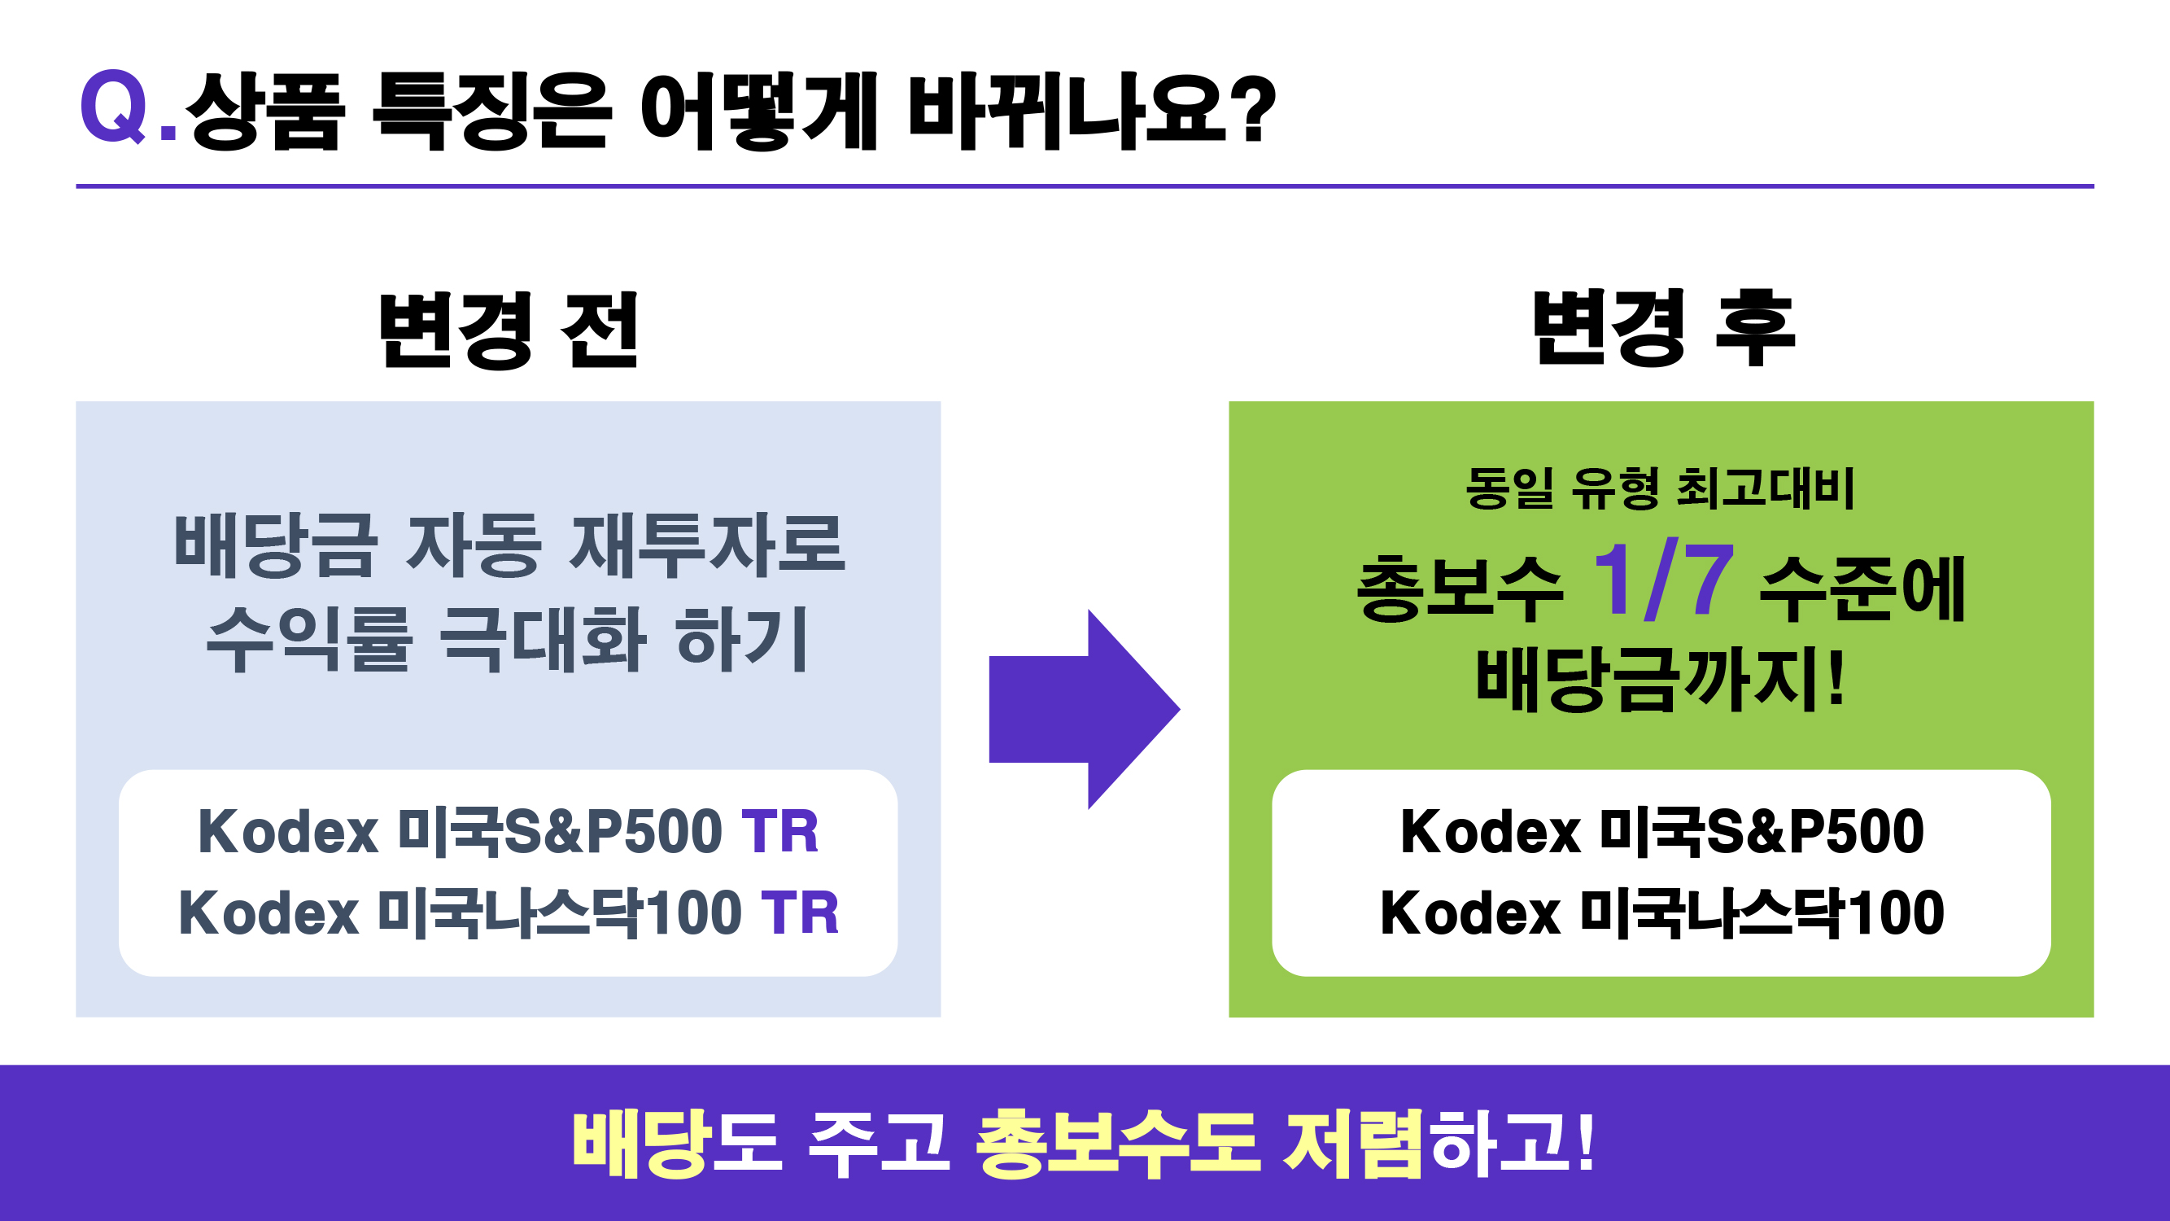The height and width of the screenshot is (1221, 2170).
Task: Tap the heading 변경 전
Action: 508,330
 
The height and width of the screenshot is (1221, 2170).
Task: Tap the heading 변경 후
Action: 1663,329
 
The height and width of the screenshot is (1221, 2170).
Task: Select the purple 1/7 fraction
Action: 1663,580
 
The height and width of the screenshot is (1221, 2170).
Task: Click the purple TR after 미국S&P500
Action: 779,832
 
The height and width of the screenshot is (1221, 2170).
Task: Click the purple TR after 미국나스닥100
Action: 800,912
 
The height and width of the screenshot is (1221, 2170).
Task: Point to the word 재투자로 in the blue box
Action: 708,545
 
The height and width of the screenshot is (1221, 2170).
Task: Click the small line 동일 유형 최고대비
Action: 1660,488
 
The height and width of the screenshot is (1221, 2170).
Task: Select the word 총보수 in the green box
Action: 1459,588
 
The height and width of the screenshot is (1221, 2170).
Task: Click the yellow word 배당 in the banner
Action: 639,1144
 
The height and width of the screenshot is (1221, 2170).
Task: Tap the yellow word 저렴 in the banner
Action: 1353,1144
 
